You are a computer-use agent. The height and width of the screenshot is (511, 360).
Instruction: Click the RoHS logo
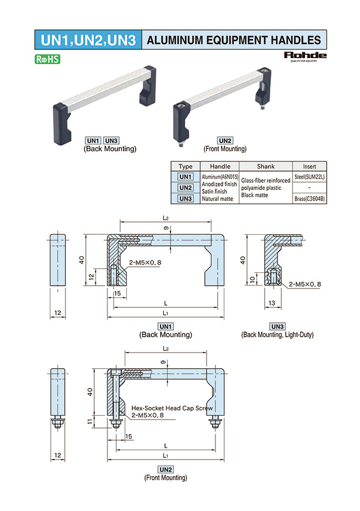[47, 59]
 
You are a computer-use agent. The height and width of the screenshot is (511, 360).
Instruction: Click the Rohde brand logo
[305, 56]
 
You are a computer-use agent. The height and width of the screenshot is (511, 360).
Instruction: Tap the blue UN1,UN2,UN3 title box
[87, 39]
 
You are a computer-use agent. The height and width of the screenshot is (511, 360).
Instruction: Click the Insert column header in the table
[309, 166]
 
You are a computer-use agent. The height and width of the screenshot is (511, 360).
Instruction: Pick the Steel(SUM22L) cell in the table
[309, 176]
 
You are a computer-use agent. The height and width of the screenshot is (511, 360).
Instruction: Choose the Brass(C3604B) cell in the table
[309, 198]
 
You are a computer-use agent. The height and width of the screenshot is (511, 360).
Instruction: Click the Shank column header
[266, 166]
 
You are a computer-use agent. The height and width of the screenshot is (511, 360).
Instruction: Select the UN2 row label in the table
[186, 188]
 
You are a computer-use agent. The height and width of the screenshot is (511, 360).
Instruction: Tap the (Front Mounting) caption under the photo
[225, 148]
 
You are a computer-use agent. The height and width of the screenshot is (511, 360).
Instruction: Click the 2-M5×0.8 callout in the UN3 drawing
[305, 284]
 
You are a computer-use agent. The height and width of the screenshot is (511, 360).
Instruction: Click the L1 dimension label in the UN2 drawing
[166, 455]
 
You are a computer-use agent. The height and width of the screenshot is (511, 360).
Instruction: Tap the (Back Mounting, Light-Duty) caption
[277, 334]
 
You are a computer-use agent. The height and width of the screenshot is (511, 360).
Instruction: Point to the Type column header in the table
[186, 166]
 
